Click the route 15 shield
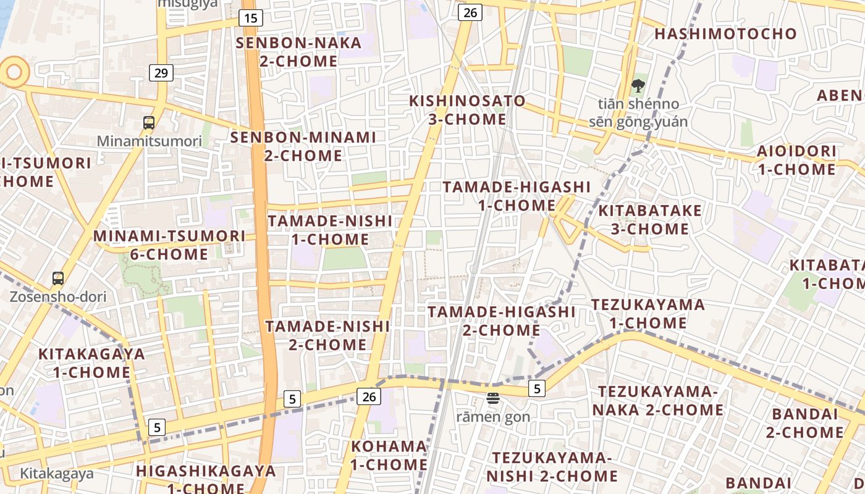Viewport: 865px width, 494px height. tap(250, 18)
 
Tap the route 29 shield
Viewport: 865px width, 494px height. tap(161, 73)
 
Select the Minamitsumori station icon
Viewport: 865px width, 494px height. tap(149, 122)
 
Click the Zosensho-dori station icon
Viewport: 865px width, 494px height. tap(58, 278)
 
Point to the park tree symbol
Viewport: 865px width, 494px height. tap(638, 86)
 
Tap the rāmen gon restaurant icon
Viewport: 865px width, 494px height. tap(492, 398)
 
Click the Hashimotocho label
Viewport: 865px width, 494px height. tap(726, 34)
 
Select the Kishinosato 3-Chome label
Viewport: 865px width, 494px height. tap(468, 110)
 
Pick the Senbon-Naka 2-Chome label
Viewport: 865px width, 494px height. tap(299, 52)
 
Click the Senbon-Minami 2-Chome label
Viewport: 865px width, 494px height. tap(303, 146)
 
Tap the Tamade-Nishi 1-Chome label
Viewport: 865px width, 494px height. tap(331, 230)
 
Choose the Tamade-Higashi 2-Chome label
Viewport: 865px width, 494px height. tap(502, 320)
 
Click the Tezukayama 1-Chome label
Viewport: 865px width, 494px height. tap(648, 314)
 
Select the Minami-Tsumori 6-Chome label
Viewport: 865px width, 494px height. tap(169, 245)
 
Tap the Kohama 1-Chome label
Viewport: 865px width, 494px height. tap(389, 455)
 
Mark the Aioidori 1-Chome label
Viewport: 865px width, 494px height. tap(797, 160)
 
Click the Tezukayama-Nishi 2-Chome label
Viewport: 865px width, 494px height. tap(552, 467)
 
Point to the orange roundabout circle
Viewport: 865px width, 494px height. tap(13, 72)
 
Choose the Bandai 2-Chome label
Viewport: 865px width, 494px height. tap(804, 423)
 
